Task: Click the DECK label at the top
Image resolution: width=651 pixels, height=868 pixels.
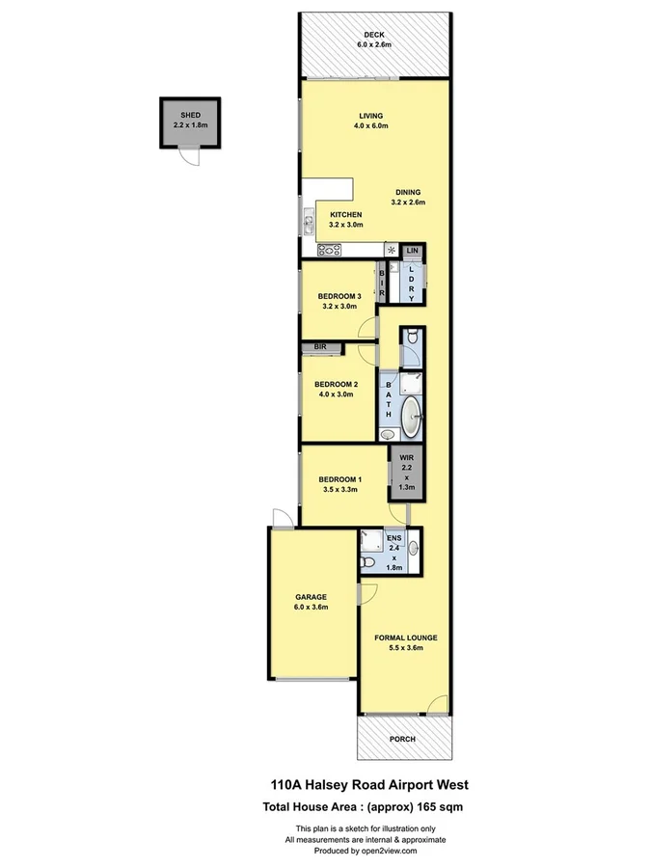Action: click(374, 35)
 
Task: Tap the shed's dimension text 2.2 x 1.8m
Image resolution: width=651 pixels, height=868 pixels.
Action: click(190, 124)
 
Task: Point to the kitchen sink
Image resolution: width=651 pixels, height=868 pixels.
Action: click(308, 225)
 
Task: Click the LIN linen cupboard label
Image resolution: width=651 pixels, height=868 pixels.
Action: click(412, 251)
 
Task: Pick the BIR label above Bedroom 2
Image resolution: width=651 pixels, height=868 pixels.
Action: click(319, 346)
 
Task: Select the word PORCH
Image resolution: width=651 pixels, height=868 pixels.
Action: click(402, 739)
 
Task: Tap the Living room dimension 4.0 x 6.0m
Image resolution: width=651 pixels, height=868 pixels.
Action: click(371, 124)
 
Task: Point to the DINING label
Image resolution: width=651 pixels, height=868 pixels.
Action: click(409, 192)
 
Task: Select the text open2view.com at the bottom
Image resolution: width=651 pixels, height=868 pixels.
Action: click(390, 851)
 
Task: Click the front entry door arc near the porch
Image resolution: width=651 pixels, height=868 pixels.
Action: click(440, 705)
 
